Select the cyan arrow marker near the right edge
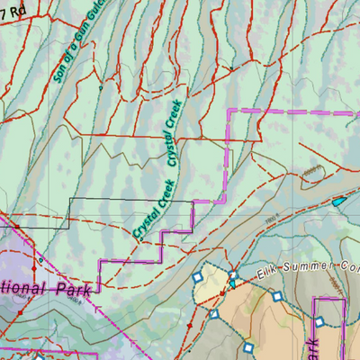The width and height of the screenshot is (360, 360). point(338,201)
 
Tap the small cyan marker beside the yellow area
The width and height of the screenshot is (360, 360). point(233,283)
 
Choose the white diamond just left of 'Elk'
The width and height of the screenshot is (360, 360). point(232,274)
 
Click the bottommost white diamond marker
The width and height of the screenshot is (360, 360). point(248,346)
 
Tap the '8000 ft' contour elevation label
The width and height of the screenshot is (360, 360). point(310,170)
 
